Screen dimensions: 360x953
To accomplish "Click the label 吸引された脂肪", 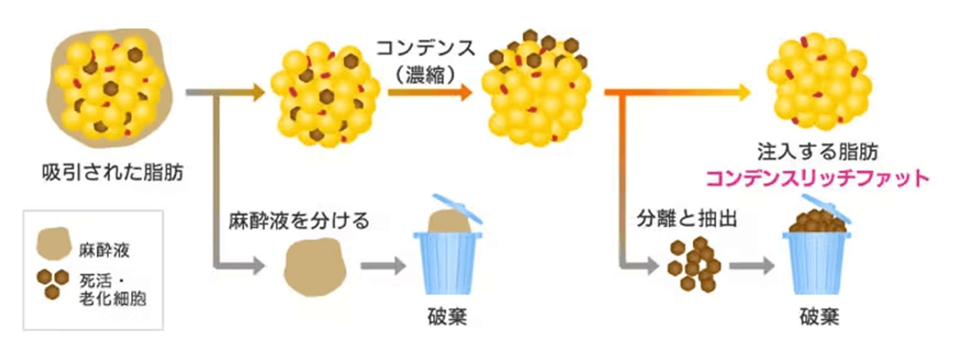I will coord(112,173).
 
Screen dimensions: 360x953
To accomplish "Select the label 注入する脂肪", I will coord(817,152).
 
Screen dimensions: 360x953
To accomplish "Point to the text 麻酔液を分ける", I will coord(299,221).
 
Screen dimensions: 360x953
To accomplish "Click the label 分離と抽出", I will coord(686,218).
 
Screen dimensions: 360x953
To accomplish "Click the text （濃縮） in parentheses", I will coord(425,75).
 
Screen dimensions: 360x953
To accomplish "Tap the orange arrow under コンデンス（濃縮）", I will coord(429,92).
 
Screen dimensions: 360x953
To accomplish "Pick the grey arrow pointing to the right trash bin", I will coord(751,266).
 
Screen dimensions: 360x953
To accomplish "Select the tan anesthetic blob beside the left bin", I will coord(315,266).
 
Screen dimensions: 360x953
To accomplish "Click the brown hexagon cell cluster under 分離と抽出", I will coord(694,265).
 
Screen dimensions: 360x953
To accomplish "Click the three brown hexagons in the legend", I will coord(52,282).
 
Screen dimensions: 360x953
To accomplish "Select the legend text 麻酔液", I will coord(104,250).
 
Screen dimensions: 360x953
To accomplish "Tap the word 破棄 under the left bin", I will coord(447,317).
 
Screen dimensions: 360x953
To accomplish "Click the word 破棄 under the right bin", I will coord(819,317).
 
